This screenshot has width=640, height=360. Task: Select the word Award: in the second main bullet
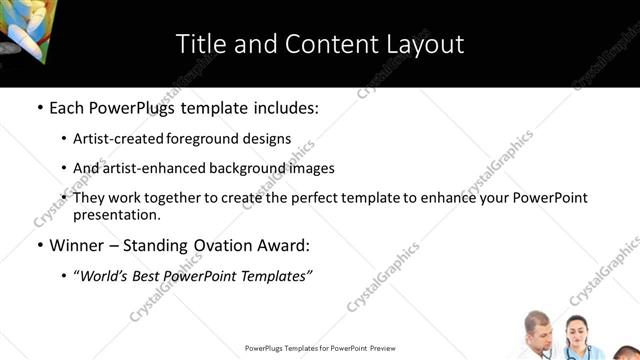point(290,245)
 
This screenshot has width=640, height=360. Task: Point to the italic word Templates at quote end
point(279,276)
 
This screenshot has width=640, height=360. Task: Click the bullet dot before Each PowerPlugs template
point(39,107)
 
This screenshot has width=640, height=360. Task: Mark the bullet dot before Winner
point(39,245)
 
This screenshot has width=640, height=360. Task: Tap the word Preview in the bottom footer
point(383,348)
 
